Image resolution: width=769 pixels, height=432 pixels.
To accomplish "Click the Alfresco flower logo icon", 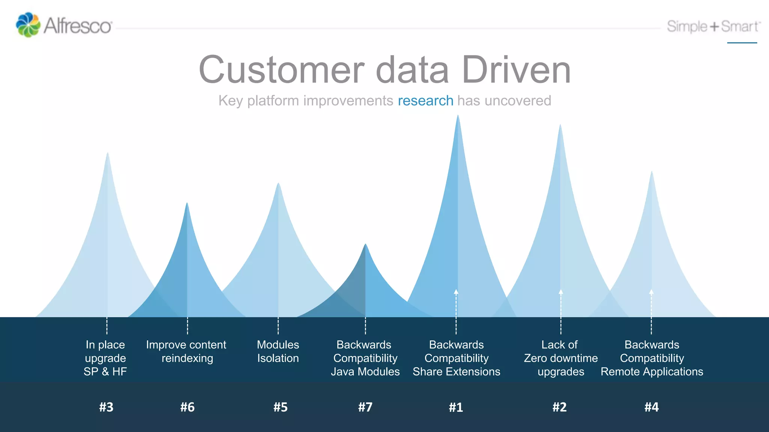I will coord(28,25).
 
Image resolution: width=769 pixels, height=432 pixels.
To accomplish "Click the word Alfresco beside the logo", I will coord(78,26).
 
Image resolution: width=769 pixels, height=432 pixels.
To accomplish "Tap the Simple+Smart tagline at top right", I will coord(713,27).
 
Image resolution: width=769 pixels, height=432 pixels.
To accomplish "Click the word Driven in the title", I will coord(516,70).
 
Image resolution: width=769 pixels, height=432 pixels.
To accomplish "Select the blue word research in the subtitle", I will coord(425,100).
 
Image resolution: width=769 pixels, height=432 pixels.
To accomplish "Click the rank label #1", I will coord(456,407).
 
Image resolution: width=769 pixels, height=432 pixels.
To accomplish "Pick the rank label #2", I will coord(559,407).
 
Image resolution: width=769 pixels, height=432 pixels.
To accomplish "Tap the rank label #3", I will coord(106,407).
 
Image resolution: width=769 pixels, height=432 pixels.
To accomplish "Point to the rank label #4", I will coord(651,407).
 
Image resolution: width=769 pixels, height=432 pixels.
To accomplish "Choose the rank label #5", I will coord(280,407).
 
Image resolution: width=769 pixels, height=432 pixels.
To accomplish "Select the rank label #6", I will coord(187,407).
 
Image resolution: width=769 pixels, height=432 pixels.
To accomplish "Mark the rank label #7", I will coord(365,407).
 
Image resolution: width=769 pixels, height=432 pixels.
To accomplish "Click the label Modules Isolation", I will coord(278,351).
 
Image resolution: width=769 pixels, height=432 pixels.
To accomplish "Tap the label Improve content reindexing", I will coord(186,351).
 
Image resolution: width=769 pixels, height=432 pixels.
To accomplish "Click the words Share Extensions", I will coord(457,372).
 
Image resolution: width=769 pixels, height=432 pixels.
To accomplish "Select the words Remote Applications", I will coord(652,372).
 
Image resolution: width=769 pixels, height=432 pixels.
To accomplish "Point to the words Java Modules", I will coord(365,372).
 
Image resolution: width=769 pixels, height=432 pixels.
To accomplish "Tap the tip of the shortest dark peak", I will coord(365,244).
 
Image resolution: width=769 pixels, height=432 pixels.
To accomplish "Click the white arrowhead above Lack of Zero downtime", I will coord(561,291).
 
